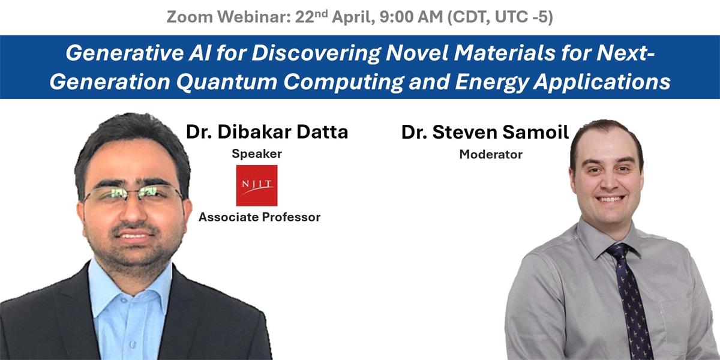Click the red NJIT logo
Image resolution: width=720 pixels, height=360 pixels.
257,185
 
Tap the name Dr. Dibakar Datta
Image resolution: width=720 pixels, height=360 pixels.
267,132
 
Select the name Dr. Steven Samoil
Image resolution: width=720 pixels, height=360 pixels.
485,132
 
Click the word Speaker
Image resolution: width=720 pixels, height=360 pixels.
257,154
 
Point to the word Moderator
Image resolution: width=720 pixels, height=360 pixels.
491,155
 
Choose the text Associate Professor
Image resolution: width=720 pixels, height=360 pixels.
259,217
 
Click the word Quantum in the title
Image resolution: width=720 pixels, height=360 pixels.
226,82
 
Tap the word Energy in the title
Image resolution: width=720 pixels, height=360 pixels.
491,82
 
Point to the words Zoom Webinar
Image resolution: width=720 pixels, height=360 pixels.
229,17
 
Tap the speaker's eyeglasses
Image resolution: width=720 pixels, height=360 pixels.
133,195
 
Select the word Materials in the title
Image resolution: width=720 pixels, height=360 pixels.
504,53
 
